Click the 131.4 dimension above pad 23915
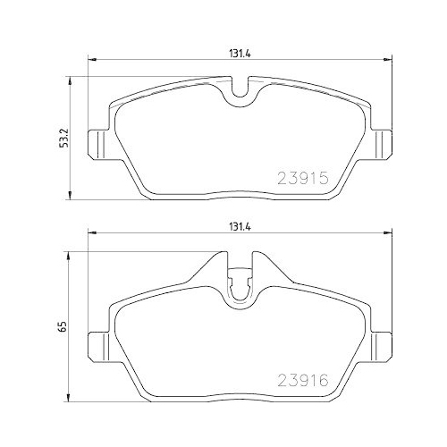pyautogui.click(x=236, y=52)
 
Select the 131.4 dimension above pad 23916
pyautogui.click(x=236, y=227)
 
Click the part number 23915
pyautogui.click(x=305, y=177)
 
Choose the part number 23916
pyautogui.click(x=305, y=379)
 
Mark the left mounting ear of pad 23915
pyautogui.click(x=97, y=140)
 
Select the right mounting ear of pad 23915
pyautogui.click(x=381, y=140)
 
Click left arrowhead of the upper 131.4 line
pyautogui.click(x=88, y=61)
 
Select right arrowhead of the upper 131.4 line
pyautogui.click(x=389, y=61)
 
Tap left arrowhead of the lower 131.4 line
pyautogui.click(x=88, y=236)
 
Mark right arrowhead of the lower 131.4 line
pyautogui.click(x=389, y=236)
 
